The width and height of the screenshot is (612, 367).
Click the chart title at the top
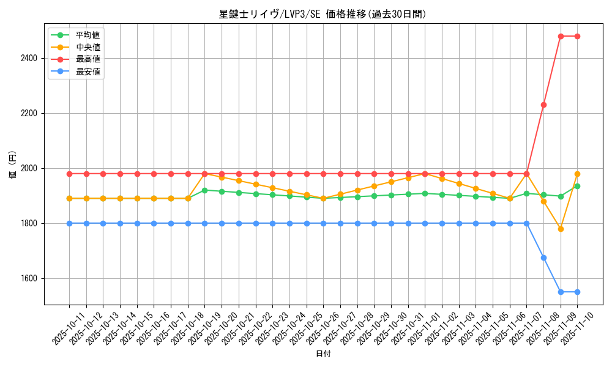point(323,14)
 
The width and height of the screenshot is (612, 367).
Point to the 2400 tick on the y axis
point(29,58)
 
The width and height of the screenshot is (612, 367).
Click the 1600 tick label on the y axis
point(29,278)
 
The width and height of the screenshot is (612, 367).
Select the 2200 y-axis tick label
point(29,113)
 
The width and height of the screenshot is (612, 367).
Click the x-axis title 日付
point(323,354)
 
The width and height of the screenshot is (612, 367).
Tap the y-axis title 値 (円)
point(12,165)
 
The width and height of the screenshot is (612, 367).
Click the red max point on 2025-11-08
point(543,105)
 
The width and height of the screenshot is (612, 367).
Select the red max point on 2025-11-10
point(577,36)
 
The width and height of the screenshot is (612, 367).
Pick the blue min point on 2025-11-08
point(543,258)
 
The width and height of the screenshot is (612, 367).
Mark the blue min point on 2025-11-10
point(577,292)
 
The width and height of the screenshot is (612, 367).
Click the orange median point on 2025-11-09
point(561,229)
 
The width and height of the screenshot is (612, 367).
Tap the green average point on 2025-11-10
point(577,186)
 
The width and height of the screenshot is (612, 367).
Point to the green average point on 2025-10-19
point(204,190)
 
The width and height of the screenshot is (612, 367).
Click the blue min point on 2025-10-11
point(69,223)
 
